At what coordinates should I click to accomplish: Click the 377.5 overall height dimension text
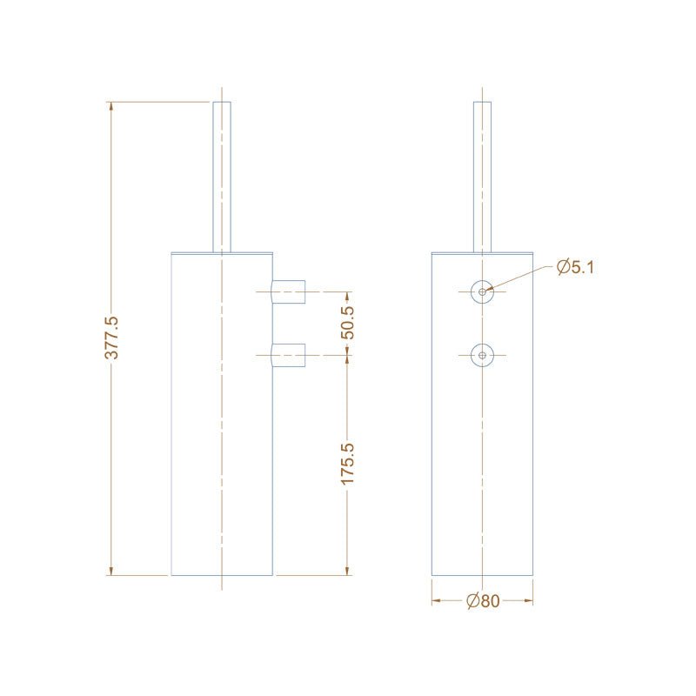point(111,338)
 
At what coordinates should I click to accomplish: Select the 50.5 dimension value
point(347,322)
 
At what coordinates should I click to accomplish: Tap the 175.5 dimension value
point(347,463)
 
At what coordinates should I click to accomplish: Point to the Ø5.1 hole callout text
point(575,267)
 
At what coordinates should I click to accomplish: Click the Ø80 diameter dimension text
point(483,600)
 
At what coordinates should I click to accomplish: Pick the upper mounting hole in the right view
point(482,291)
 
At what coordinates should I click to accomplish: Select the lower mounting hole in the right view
point(482,354)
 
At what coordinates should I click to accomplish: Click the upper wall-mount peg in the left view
point(291,291)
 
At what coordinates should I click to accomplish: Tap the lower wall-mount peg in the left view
point(291,354)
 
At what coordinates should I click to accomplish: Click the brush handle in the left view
point(223,174)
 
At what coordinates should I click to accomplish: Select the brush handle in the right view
point(482,174)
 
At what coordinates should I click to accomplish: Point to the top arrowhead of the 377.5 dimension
point(111,106)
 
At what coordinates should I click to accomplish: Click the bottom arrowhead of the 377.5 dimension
point(111,571)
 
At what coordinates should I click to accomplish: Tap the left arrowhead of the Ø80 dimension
point(436,600)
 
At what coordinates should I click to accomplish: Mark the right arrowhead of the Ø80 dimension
point(529,600)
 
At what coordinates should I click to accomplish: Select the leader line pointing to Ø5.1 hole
point(522,278)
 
